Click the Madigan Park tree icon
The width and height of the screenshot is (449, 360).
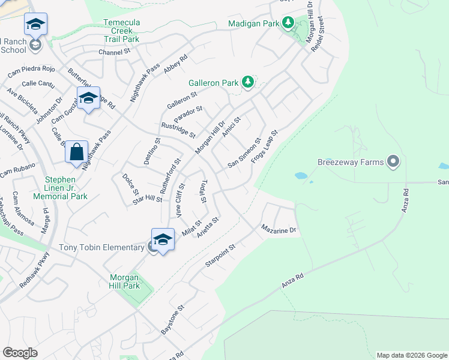coord(289,23)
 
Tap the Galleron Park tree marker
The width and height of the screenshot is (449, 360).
coord(247,82)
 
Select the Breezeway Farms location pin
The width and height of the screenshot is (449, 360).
coord(393,161)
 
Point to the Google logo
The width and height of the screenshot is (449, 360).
coord(20,353)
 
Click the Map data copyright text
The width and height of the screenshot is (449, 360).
coord(411,355)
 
